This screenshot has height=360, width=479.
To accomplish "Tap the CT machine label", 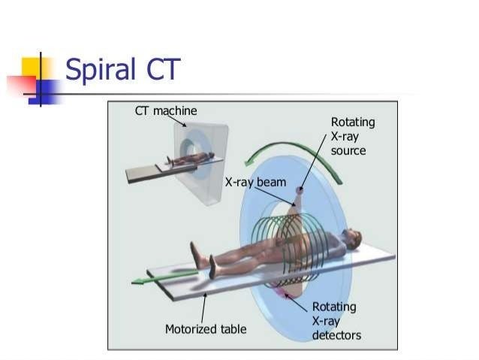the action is click(x=166, y=111).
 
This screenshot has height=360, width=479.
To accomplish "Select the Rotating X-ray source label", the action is click(x=353, y=136).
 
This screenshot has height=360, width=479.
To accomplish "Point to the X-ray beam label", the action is click(x=256, y=181).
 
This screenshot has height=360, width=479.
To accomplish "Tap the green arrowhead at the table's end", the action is click(x=140, y=281).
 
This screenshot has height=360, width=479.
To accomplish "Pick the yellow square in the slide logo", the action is click(x=35, y=68).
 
